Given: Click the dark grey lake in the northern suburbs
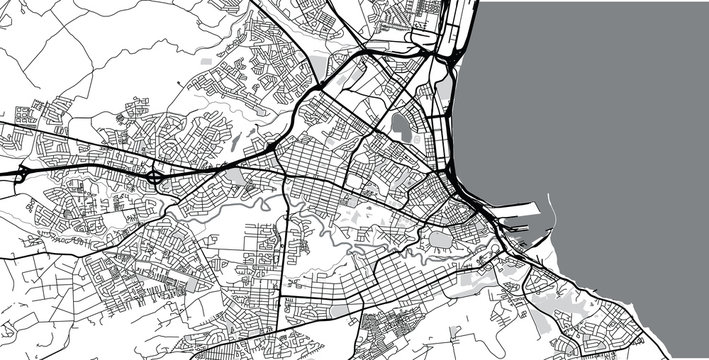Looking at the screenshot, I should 402,126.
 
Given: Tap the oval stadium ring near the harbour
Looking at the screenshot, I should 438,240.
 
